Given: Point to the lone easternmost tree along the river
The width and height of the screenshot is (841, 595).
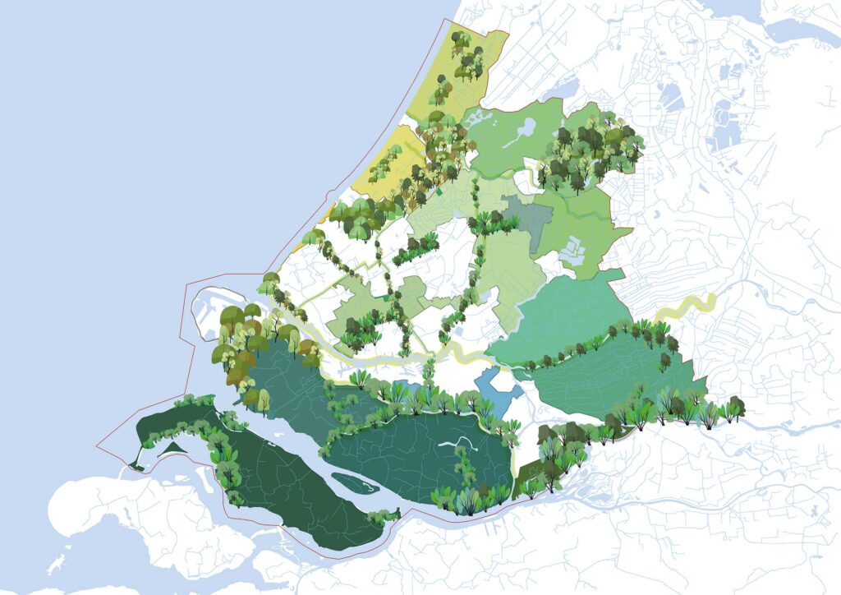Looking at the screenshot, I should [x=736, y=408].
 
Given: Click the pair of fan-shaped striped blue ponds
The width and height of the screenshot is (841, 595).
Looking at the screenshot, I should [x=673, y=102].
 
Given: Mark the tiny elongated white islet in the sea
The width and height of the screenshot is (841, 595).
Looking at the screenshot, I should [x=57, y=565].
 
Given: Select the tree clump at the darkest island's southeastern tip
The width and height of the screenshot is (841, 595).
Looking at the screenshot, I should [x=381, y=517].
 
